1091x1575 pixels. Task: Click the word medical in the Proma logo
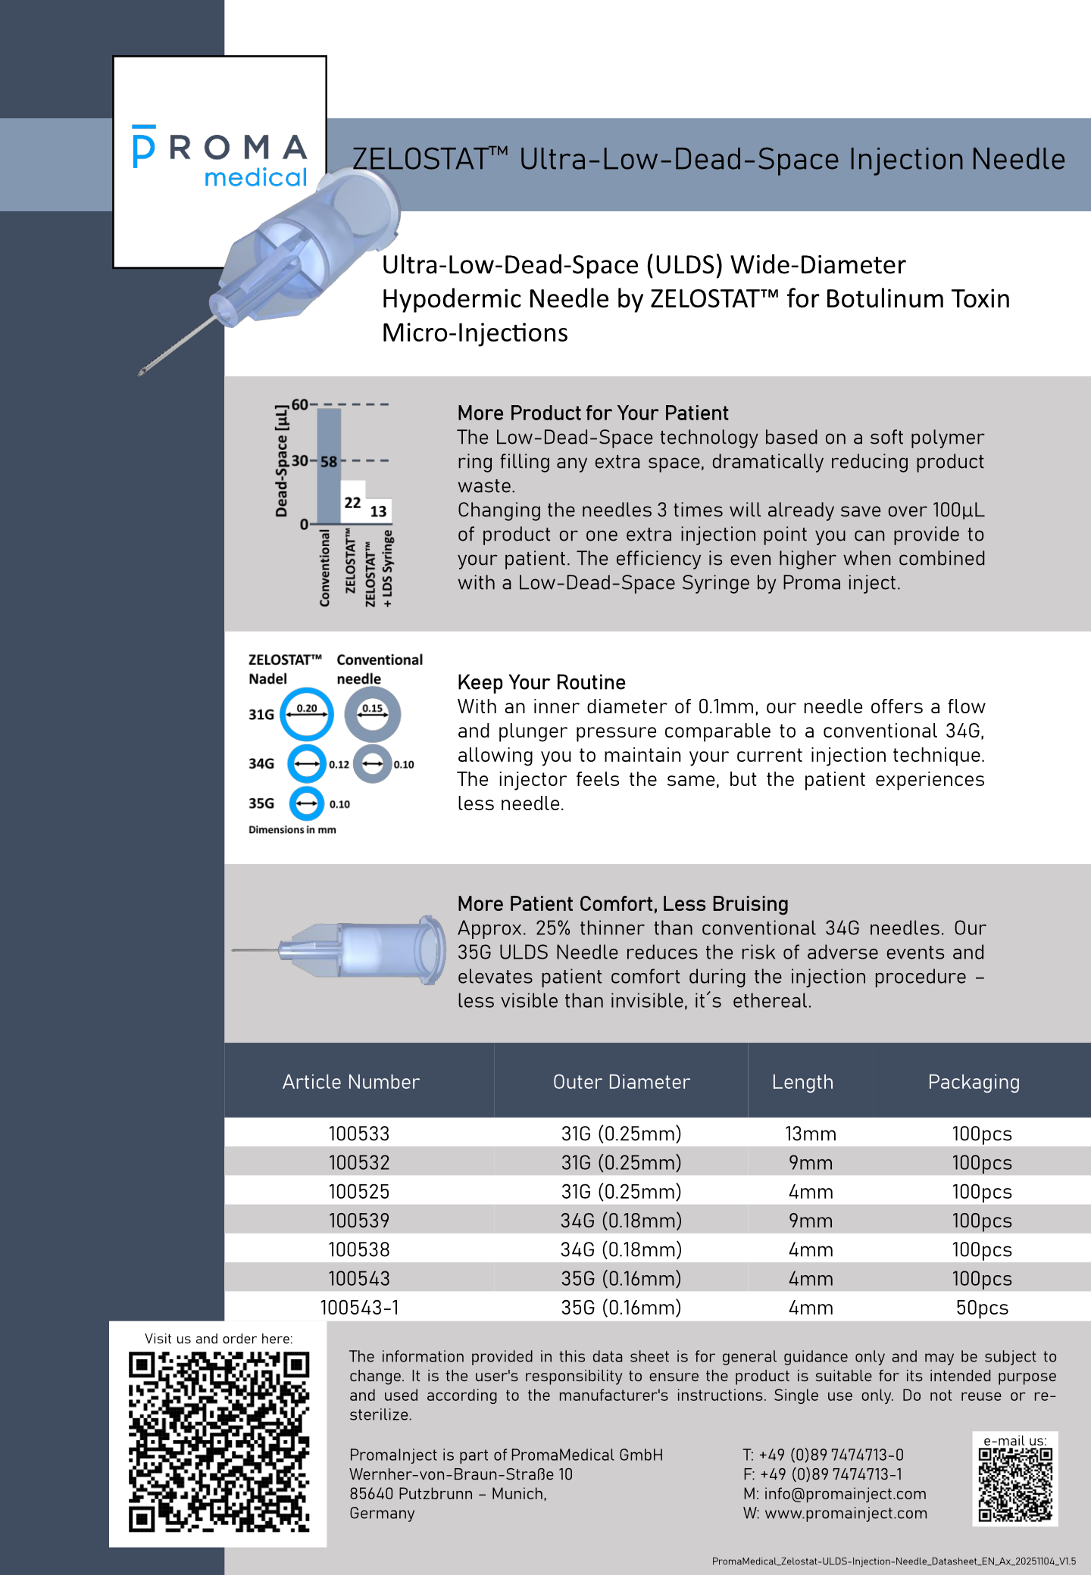[x=255, y=177]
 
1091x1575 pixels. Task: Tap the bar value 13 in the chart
[x=378, y=511]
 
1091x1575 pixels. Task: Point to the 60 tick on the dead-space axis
[x=299, y=404]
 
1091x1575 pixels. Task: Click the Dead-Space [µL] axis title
[x=282, y=462]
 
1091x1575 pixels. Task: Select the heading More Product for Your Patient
[x=592, y=413]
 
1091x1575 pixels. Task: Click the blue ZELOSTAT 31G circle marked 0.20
[x=307, y=714]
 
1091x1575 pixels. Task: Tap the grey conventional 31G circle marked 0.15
[x=372, y=714]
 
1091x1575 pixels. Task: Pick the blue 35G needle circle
[x=307, y=803]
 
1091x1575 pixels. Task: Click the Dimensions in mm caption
[x=292, y=830]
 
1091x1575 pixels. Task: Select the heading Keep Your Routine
[x=541, y=682]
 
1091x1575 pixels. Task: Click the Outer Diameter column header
[x=621, y=1082]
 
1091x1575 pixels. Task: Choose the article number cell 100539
[x=358, y=1221]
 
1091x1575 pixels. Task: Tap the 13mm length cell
[x=810, y=1134]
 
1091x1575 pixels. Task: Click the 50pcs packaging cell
[x=981, y=1308]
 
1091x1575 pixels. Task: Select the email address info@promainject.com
[x=844, y=1494]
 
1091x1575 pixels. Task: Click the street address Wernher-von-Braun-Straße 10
[x=461, y=1474]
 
